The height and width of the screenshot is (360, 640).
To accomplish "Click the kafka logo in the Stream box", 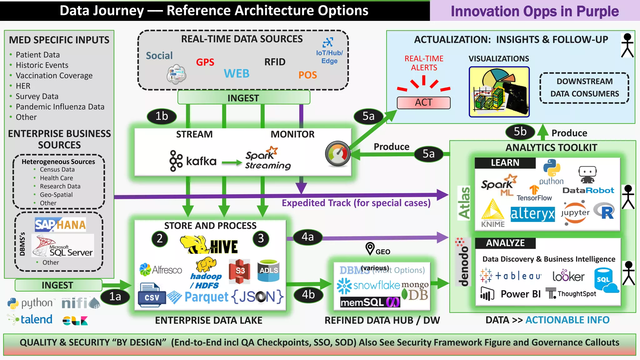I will tap(193, 161).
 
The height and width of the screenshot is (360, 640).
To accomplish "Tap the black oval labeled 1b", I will tap(162, 116).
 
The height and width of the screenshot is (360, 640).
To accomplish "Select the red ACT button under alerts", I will tap(423, 102).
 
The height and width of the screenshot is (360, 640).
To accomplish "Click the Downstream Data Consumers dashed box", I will tap(584, 88).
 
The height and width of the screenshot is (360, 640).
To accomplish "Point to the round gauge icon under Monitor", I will tap(337, 154).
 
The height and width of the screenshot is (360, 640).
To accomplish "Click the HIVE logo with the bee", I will tap(209, 245).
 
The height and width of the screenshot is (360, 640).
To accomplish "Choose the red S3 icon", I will tap(239, 271).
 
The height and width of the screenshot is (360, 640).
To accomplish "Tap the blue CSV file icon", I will tap(152, 295).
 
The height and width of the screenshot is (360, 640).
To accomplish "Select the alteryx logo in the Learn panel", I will tap(532, 214).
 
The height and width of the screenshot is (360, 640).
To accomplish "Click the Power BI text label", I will tap(520, 294).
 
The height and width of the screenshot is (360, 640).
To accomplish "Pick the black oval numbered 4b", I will tap(308, 295).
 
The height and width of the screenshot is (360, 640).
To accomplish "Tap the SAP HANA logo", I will tap(60, 225).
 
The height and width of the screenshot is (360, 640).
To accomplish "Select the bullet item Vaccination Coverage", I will tap(54, 76).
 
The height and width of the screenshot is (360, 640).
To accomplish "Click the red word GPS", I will tap(205, 62).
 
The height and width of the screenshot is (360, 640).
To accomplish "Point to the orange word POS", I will tap(307, 75).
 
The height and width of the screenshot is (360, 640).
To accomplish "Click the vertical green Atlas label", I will tap(464, 203).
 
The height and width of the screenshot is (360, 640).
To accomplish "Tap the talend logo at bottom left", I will tap(30, 319).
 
